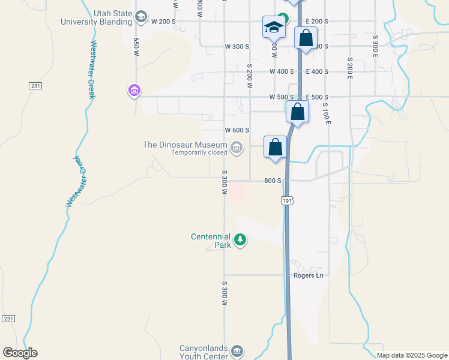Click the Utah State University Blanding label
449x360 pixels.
[96, 17]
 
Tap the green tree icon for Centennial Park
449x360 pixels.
[240, 241]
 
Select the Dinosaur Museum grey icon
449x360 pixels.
[237, 146]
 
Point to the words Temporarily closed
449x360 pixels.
[199, 152]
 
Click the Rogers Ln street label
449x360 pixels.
[308, 275]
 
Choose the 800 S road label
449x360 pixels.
[273, 181]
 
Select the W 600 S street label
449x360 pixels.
[237, 130]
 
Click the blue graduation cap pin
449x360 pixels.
[274, 28]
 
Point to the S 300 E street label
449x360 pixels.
[375, 45]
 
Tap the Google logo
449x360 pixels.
[20, 353]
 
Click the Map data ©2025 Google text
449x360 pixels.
[412, 355]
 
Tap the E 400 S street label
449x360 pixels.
[317, 71]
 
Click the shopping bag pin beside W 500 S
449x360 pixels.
[297, 112]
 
